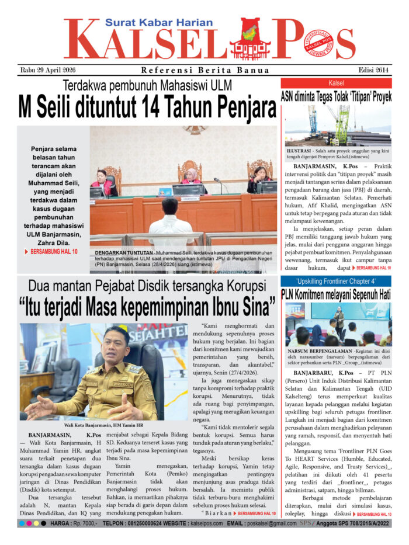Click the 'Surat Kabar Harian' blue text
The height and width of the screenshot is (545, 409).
tap(159, 23)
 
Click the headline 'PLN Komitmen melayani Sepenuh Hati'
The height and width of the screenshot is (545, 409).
tap(336, 294)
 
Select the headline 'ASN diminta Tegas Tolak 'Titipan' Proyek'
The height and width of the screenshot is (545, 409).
tap(336, 97)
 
